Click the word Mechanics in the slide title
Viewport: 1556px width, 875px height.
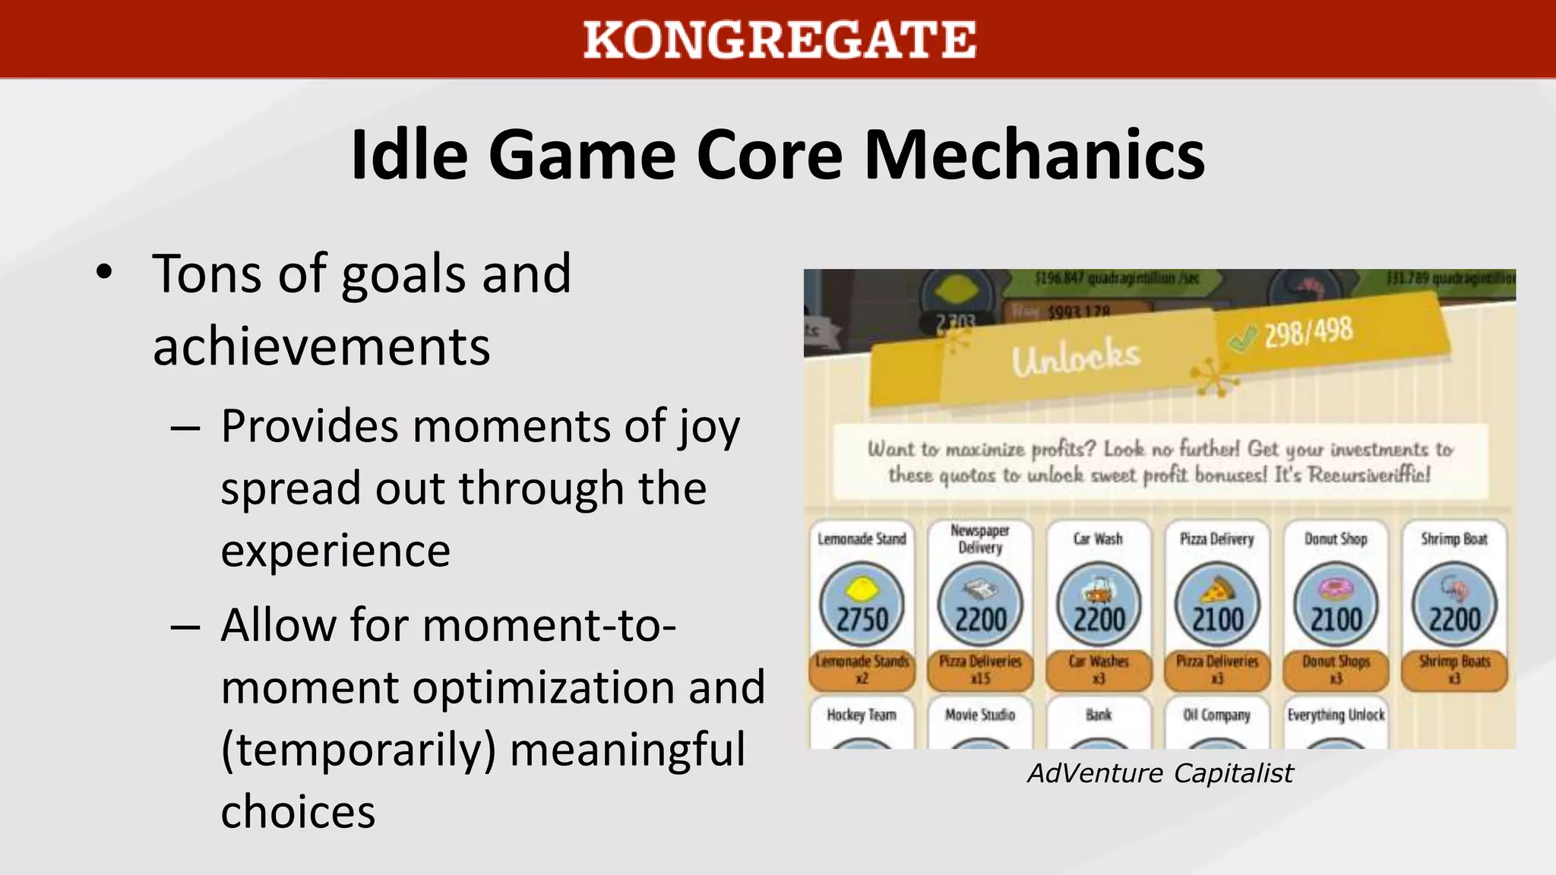point(1034,155)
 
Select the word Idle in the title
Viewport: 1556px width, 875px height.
point(409,155)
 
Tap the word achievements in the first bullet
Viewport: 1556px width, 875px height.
point(321,347)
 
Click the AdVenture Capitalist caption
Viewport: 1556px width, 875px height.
point(1160,773)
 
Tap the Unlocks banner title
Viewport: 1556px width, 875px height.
point(1075,357)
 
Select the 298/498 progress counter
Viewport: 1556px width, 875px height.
point(1308,332)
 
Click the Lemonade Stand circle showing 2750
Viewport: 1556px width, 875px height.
point(862,605)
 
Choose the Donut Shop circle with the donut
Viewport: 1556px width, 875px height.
point(1336,605)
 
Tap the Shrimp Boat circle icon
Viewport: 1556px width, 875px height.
point(1454,605)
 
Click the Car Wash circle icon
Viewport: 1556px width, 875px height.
point(1099,605)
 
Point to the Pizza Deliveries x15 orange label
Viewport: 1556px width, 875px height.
point(980,669)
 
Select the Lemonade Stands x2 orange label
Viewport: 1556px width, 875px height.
point(862,669)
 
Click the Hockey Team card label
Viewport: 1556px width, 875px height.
point(862,715)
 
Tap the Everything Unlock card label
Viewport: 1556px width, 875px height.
point(1336,715)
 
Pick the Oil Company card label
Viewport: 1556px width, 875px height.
point(1216,715)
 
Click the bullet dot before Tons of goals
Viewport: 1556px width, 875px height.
point(104,272)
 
